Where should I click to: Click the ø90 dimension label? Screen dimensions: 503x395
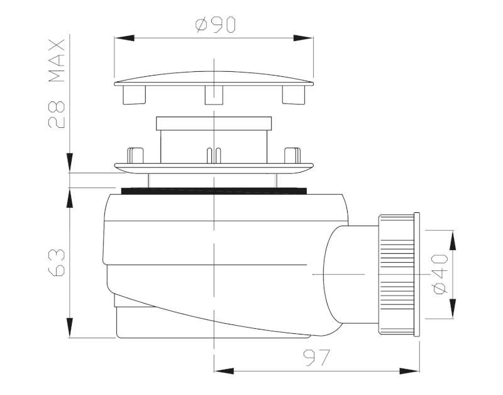pos(216,25)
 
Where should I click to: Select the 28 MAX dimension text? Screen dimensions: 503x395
pos(57,84)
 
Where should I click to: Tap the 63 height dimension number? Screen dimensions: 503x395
pos(57,263)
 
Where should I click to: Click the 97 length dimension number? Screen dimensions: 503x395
pos(316,357)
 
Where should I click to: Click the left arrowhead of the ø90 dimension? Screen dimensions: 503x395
pos(124,38)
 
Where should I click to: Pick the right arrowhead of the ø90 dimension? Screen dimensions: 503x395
pos(303,38)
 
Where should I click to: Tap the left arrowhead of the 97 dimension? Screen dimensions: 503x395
pos(224,371)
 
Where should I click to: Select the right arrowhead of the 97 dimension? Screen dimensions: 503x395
pos(410,371)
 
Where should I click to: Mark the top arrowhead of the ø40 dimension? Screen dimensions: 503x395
pos(452,240)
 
